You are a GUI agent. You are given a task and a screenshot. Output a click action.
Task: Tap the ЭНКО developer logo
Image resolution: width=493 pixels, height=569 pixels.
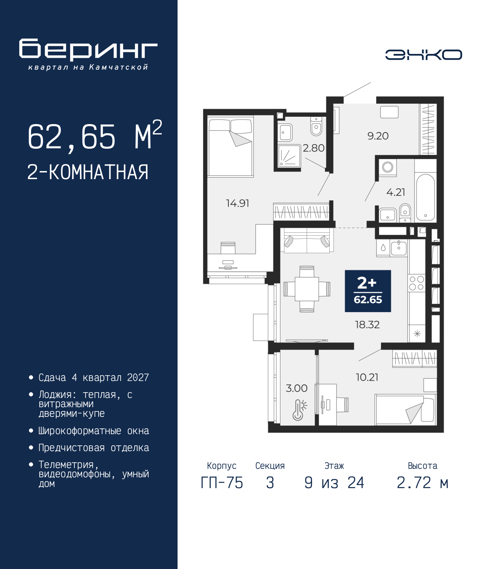click(423, 54)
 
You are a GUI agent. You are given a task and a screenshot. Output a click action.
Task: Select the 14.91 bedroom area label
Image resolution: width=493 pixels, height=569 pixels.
click(238, 203)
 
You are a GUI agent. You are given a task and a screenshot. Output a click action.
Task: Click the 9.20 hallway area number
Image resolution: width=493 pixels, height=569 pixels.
click(378, 136)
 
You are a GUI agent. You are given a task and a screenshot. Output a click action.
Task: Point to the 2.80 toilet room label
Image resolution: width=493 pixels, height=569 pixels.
click(314, 148)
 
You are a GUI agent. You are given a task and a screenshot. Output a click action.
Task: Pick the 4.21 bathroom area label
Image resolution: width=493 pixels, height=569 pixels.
click(396, 192)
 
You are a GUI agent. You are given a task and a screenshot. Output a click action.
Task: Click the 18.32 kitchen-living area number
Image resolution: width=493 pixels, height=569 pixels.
click(367, 325)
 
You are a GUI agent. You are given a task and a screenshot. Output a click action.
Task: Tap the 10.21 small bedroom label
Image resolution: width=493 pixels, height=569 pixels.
click(367, 378)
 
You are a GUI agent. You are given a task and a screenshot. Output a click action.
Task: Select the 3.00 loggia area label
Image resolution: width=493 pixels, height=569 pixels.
click(297, 388)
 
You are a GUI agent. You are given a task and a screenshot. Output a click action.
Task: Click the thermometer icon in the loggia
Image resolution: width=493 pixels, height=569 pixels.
click(300, 410)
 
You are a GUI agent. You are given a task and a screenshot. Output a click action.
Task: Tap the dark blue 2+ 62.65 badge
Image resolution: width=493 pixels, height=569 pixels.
click(368, 291)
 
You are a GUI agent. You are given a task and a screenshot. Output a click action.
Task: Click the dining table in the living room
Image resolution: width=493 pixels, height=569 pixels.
click(307, 289)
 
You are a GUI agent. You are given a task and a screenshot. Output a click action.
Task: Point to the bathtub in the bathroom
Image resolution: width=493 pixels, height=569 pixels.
click(425, 198)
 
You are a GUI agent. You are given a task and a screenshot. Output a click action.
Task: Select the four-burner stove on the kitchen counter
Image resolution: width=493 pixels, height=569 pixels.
click(417, 283)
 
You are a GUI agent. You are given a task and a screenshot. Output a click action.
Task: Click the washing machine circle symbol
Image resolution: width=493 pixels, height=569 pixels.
click(387, 167)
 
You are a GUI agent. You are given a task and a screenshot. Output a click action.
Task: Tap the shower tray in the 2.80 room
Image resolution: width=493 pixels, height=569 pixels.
click(289, 156)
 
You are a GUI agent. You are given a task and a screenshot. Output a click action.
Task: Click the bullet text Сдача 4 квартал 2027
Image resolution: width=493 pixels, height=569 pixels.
click(94, 378)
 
